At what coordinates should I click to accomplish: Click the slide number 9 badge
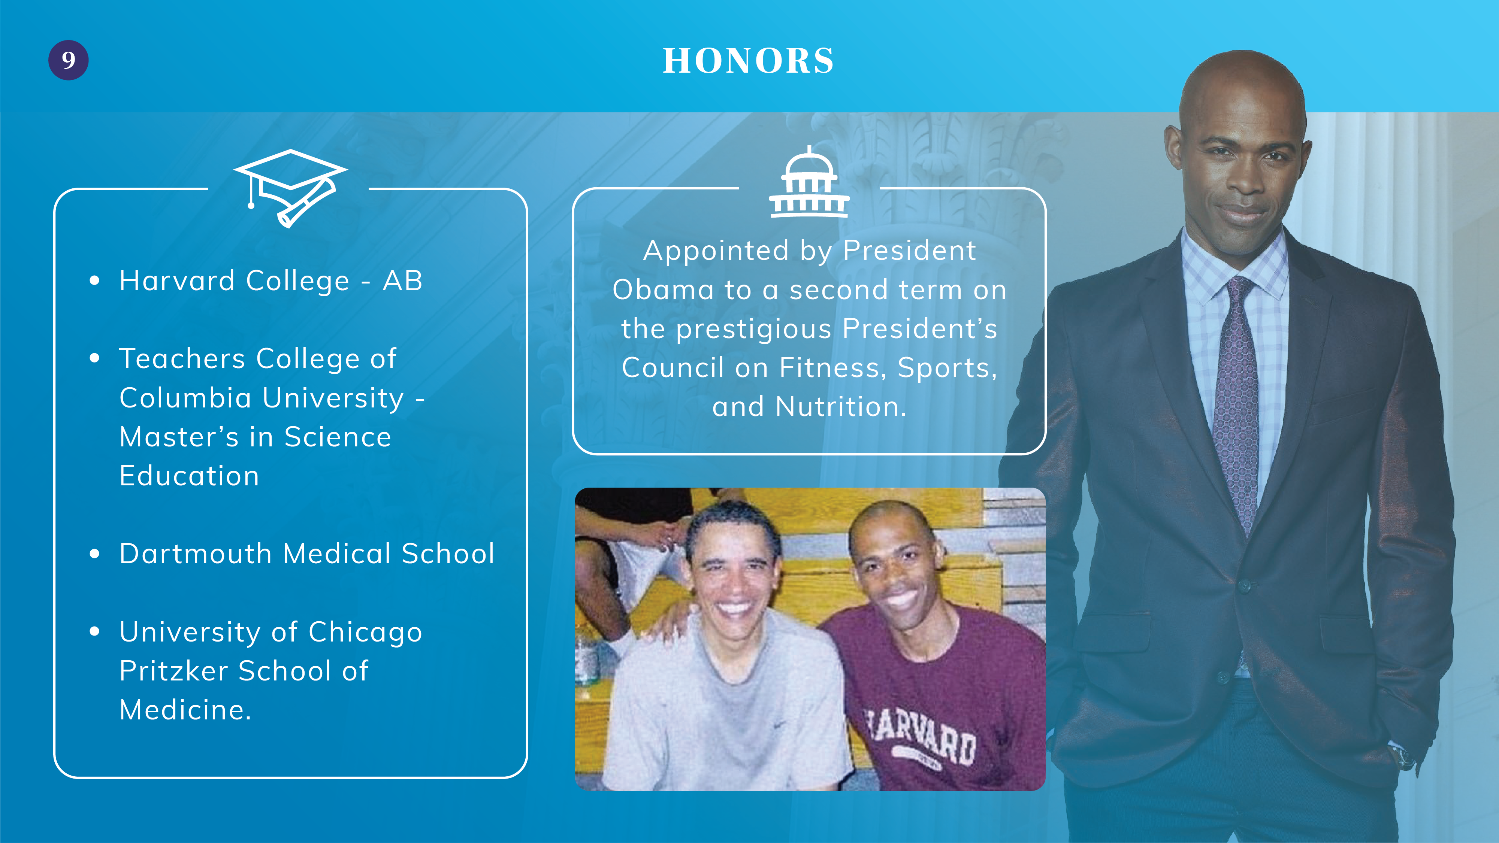click(68, 60)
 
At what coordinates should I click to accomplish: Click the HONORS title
click(748, 61)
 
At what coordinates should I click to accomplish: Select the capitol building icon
click(809, 182)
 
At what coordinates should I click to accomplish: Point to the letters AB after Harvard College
click(403, 281)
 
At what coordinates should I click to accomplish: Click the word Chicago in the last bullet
click(365, 633)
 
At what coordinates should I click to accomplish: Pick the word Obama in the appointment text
click(664, 290)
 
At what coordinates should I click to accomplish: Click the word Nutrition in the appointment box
click(841, 407)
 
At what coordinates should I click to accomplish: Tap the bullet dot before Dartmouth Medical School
click(95, 554)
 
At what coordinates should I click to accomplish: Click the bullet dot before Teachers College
click(95, 358)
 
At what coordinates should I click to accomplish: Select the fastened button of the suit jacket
click(1244, 586)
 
